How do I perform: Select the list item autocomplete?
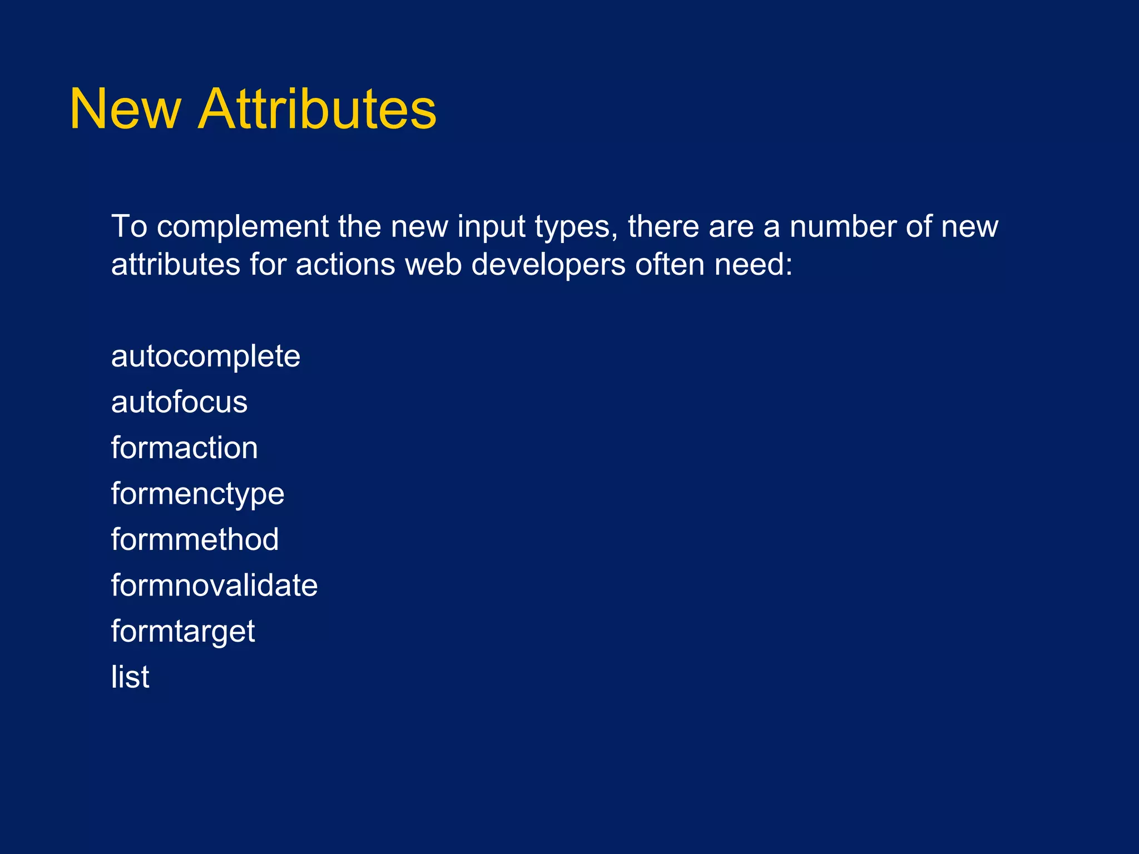(x=205, y=356)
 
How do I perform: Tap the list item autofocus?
(x=179, y=402)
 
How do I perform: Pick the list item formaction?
(x=184, y=448)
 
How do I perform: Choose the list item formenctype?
(x=197, y=494)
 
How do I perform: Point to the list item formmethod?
(x=195, y=540)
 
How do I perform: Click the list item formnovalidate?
(x=214, y=585)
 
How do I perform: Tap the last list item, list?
(x=130, y=677)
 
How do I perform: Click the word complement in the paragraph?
(x=242, y=227)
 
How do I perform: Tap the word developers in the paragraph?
(x=548, y=265)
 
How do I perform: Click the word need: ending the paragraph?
(x=753, y=264)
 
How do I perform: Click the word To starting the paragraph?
(x=129, y=226)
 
